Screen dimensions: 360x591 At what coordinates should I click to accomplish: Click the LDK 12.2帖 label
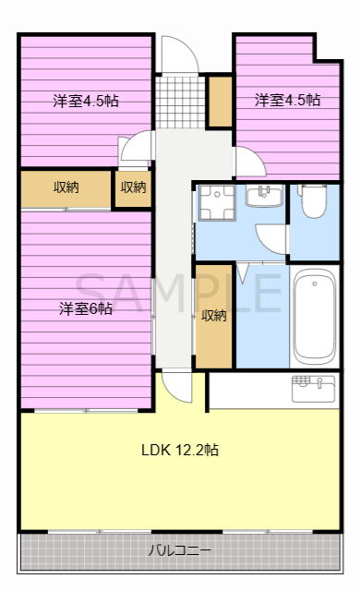coord(180,450)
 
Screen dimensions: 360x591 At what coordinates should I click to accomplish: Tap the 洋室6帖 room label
coord(86,308)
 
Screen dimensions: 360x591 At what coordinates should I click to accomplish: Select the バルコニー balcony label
coord(179,550)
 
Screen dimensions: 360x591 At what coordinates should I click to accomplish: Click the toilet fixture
coord(313,201)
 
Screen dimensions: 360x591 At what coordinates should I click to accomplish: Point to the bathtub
coord(315,317)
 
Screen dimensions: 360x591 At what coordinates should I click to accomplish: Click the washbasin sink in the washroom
coord(264,196)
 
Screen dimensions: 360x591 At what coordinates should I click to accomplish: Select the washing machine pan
coord(217,202)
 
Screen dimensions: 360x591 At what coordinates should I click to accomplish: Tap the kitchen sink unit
coord(313,389)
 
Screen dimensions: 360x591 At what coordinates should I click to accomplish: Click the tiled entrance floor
coord(180,103)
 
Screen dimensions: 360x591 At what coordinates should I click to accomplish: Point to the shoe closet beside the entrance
coord(221,102)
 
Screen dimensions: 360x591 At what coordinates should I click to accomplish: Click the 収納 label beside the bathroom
coord(214,316)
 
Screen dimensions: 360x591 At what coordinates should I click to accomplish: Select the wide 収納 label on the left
coord(66,187)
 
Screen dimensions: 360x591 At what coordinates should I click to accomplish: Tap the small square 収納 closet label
coord(133,187)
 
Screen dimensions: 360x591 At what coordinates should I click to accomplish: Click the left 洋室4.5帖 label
coord(86,101)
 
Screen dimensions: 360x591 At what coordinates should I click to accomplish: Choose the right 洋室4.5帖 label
coord(287,100)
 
